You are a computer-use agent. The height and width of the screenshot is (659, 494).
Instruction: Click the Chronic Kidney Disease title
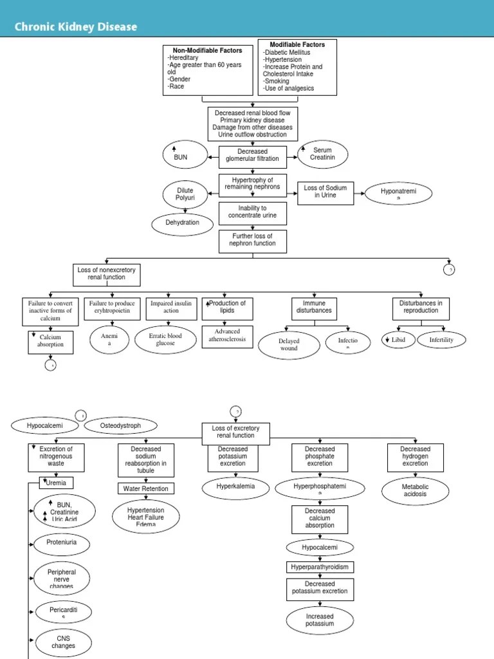[76, 27]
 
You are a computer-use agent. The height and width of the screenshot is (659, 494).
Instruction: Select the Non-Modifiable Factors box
[207, 70]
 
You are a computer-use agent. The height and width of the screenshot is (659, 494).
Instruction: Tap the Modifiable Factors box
[297, 67]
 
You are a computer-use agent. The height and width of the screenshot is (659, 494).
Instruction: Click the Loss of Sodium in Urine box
[325, 192]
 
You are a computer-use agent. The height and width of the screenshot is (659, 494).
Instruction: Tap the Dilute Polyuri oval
[185, 194]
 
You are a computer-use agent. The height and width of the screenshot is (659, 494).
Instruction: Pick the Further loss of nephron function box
[252, 241]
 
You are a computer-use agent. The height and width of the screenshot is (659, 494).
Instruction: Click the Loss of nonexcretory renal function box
[107, 274]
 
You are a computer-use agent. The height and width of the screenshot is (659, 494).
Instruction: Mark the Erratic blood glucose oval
[165, 339]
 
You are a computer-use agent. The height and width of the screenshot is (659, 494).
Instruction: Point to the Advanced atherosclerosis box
[227, 336]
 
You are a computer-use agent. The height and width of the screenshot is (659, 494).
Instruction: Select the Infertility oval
[441, 339]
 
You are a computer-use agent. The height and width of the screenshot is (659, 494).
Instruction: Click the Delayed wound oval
[289, 344]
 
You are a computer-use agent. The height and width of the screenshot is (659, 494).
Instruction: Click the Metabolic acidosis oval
[416, 490]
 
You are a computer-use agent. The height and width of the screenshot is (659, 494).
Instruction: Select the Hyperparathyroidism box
[320, 567]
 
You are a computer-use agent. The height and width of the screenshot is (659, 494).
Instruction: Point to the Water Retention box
[145, 488]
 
